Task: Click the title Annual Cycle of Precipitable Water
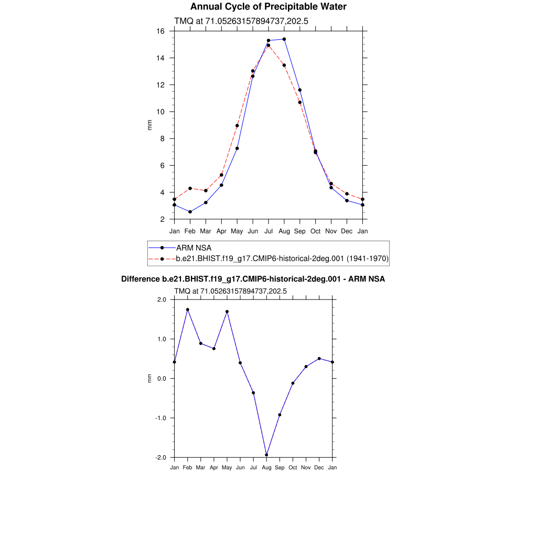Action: coord(268,7)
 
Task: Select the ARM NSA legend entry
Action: coord(193,248)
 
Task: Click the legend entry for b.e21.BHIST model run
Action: coord(282,259)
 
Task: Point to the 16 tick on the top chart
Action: coord(162,31)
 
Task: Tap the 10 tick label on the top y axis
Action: coord(161,112)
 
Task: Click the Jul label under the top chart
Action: coord(268,231)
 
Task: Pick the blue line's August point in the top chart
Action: coord(284,39)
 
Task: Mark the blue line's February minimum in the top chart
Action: coord(190,212)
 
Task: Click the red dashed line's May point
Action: coord(237,126)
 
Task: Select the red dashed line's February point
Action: coord(190,188)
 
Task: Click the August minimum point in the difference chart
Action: coord(266,455)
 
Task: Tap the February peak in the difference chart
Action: coord(187,309)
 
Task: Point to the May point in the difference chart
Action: coord(227,312)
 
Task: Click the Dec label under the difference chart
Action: coord(319,467)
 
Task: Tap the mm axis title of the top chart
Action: coord(149,125)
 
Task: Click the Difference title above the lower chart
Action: coord(253,279)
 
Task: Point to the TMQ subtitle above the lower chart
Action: coord(230,291)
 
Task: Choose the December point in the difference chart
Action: coord(319,359)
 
